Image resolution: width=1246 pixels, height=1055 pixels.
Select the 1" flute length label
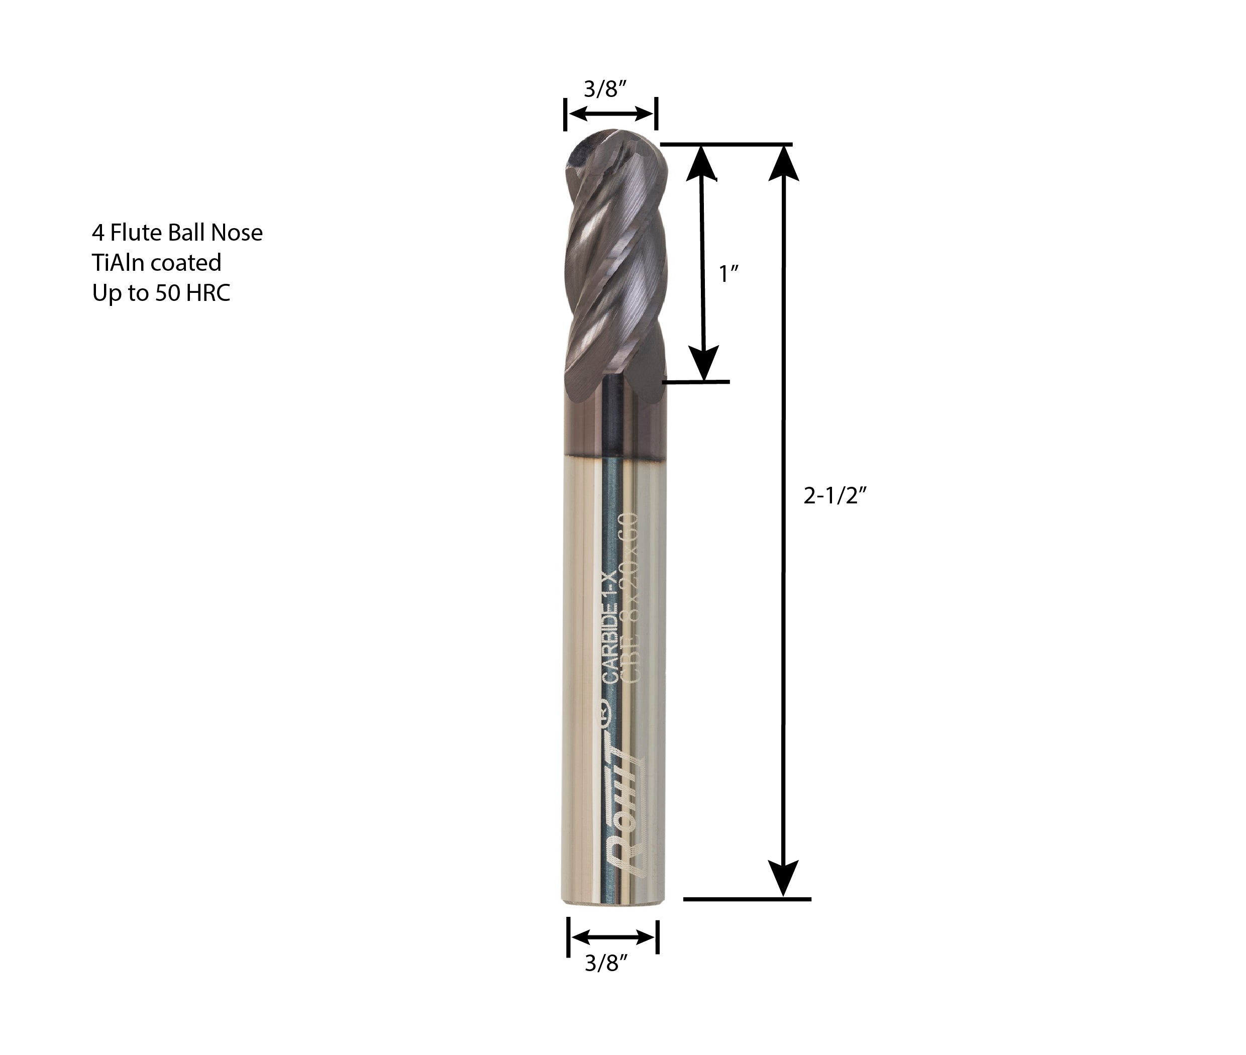(728, 274)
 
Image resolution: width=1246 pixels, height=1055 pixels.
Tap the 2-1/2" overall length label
(835, 495)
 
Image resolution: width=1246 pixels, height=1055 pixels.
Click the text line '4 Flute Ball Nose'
(177, 233)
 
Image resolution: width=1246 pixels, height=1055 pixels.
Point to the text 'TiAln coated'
(157, 263)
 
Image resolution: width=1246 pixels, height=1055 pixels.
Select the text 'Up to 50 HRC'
(161, 293)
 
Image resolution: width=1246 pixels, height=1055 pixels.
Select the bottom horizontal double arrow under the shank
(612, 937)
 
